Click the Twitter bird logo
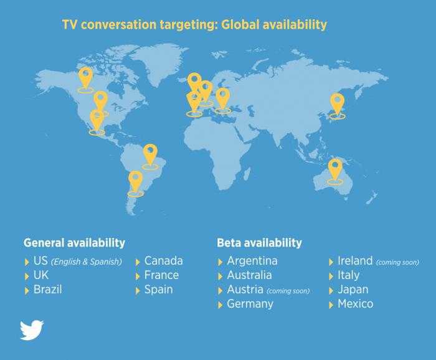coord(32,330)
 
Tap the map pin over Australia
coord(335,170)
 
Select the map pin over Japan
coord(338,105)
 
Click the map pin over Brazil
coord(150,155)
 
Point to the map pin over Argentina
coord(135,182)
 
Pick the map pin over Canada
coord(85,78)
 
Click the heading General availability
coord(74,243)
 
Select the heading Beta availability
coord(259,243)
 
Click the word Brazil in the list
coord(47,290)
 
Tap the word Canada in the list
coord(163,261)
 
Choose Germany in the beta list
coord(250,304)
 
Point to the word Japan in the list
coord(353,290)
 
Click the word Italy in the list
coord(348,275)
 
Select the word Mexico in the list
coord(356,304)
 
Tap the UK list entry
coord(41,275)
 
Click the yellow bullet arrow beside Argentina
coord(220,262)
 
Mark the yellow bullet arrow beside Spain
coord(138,291)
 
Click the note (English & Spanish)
coord(87,262)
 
